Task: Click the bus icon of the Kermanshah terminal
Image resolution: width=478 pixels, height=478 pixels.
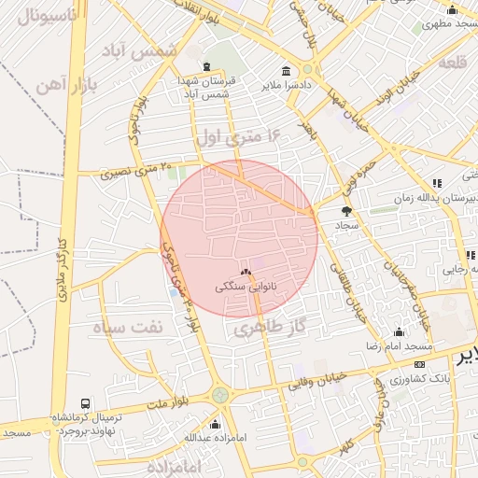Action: [x=86, y=404]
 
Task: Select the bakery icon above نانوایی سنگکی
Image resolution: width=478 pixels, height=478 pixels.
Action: [x=246, y=273]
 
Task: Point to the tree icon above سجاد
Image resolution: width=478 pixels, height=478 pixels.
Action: [x=347, y=211]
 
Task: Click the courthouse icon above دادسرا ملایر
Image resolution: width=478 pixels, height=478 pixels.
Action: [x=285, y=71]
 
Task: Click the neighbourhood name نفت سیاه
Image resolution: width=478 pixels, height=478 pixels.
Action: [x=127, y=328]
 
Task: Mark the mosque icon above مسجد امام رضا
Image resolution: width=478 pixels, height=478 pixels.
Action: [x=400, y=331]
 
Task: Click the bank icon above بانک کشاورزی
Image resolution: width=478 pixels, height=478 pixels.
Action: [x=419, y=364]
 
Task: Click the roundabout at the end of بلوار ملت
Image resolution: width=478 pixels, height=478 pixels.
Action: [x=220, y=395]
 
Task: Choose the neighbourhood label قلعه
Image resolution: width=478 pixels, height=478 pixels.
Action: [x=450, y=63]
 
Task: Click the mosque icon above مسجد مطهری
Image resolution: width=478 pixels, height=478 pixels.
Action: [x=452, y=10]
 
